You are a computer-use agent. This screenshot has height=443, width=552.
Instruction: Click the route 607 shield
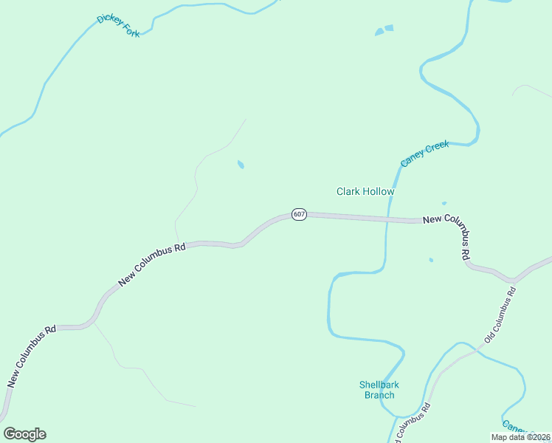[298, 214]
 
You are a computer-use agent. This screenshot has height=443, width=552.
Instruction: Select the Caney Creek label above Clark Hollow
[424, 154]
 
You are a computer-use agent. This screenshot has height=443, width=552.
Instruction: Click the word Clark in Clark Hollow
[348, 191]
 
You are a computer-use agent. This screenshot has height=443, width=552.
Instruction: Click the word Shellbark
[379, 385]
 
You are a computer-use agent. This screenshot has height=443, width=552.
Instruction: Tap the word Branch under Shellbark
[379, 395]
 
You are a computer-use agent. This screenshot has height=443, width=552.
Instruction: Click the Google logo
[24, 434]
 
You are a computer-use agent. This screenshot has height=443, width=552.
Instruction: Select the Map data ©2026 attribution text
[520, 437]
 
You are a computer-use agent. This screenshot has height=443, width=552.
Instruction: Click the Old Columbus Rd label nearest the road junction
[500, 314]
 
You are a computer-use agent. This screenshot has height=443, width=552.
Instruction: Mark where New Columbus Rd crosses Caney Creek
[386, 219]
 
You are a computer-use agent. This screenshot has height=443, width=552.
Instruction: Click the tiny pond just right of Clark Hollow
[444, 203]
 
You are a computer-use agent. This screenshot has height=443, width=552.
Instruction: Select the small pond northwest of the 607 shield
[241, 165]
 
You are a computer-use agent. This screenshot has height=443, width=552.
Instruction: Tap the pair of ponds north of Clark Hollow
[384, 30]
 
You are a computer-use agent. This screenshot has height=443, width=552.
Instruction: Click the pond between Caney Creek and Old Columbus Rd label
[431, 260]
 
